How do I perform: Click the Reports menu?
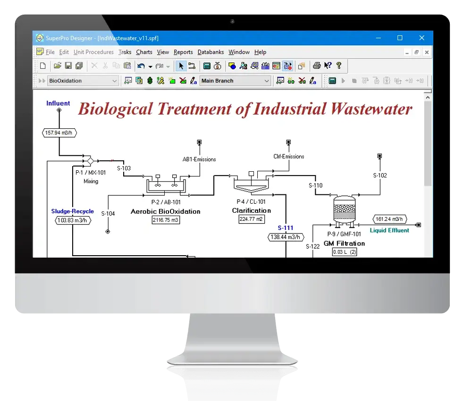[x=183, y=52]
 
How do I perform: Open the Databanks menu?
[x=211, y=52]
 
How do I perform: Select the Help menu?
[x=260, y=52]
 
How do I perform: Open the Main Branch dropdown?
[x=235, y=81]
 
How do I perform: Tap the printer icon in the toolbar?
[x=316, y=66]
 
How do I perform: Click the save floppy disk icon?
[x=68, y=66]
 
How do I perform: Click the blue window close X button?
[x=421, y=38]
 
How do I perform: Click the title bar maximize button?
[x=400, y=38]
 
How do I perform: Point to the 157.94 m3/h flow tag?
[x=59, y=133]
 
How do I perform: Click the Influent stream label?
[x=58, y=103]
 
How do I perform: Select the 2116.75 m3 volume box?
[x=166, y=220]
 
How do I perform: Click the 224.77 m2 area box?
[x=252, y=219]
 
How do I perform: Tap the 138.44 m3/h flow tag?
[x=286, y=237]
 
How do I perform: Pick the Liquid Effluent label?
[x=389, y=230]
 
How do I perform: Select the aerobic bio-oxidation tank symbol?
[x=166, y=184]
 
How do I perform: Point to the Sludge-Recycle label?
[x=73, y=211]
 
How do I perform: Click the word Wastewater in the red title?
[x=371, y=109]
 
